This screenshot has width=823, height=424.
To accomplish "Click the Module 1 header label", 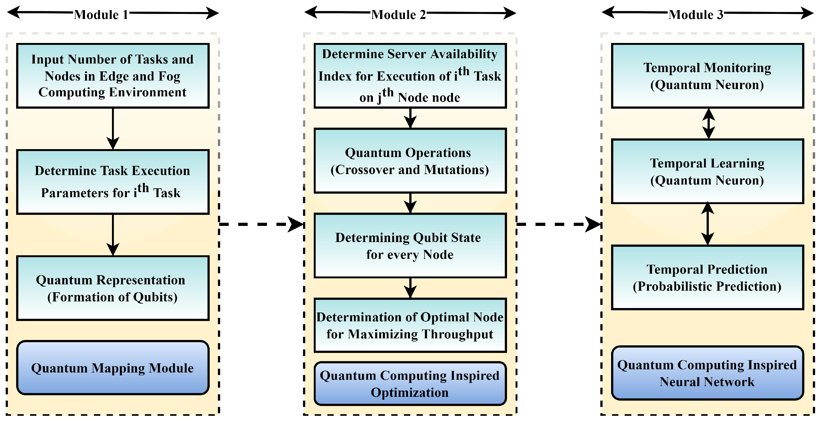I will (x=101, y=15).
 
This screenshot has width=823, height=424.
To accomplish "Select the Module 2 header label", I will (x=399, y=15).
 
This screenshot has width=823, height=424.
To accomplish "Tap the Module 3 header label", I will (x=696, y=15).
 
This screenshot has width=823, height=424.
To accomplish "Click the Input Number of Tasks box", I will (x=113, y=76).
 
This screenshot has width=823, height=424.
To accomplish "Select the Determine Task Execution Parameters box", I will (x=113, y=182).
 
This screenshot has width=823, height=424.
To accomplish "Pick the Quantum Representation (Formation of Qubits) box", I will (x=113, y=288).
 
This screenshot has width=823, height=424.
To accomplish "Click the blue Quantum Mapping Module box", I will (x=113, y=368).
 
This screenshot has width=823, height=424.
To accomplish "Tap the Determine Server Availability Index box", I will (x=410, y=76).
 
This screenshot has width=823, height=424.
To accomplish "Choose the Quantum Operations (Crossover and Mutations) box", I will (x=410, y=161).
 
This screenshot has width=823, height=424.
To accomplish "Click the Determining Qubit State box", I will (x=410, y=246).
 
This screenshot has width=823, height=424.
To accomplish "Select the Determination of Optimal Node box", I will (x=410, y=325).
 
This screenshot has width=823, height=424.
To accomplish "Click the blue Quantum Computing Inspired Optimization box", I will (x=410, y=384).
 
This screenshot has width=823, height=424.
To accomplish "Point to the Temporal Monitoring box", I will (x=707, y=76).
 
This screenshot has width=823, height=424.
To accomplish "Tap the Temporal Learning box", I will (x=707, y=171).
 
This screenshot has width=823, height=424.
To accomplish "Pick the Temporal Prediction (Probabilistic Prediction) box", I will (x=707, y=278).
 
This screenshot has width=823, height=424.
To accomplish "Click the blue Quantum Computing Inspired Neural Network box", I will (x=707, y=373).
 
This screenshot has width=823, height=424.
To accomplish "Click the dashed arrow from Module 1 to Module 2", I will (x=260, y=224).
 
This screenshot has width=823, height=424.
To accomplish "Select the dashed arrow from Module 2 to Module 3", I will (x=558, y=224).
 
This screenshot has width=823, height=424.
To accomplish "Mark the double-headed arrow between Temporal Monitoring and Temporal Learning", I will (x=709, y=124).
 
